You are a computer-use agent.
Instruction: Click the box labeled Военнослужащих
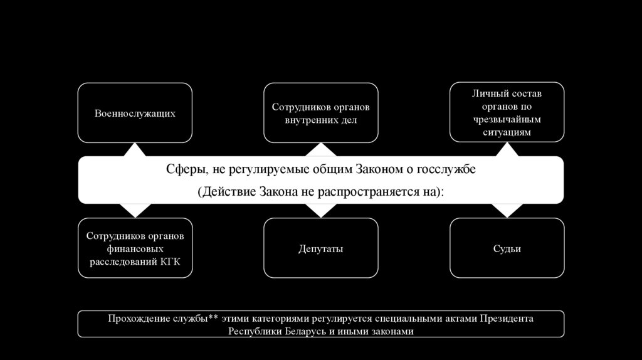(x=135, y=114)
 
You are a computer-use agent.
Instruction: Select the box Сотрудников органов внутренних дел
(x=321, y=114)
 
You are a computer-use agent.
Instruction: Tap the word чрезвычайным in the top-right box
(x=507, y=119)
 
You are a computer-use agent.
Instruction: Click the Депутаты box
(x=321, y=249)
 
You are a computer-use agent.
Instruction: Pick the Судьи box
(x=507, y=249)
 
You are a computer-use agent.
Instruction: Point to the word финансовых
(x=135, y=249)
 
